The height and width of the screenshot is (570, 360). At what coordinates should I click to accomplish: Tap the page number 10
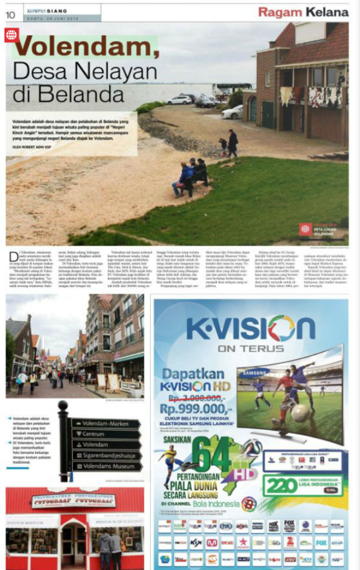click(x=11, y=12)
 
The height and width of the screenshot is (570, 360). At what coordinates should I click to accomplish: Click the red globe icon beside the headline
click(x=11, y=35)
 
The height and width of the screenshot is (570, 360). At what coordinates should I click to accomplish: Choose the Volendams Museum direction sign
click(x=107, y=466)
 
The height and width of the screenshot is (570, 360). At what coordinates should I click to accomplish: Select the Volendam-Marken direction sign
click(x=105, y=424)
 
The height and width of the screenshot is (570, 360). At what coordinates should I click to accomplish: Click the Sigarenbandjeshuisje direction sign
click(x=107, y=456)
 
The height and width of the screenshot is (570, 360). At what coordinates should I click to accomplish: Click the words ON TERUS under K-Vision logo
click(x=250, y=348)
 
